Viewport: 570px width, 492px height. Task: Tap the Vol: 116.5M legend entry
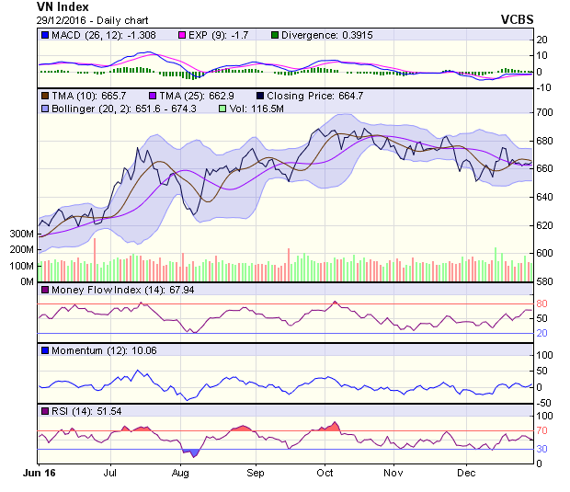[257, 109]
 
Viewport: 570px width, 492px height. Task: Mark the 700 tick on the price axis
[544, 112]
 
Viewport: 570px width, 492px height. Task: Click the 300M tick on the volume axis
[20, 235]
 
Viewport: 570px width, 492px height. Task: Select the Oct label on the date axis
[325, 474]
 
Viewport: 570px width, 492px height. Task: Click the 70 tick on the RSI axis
[542, 429]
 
